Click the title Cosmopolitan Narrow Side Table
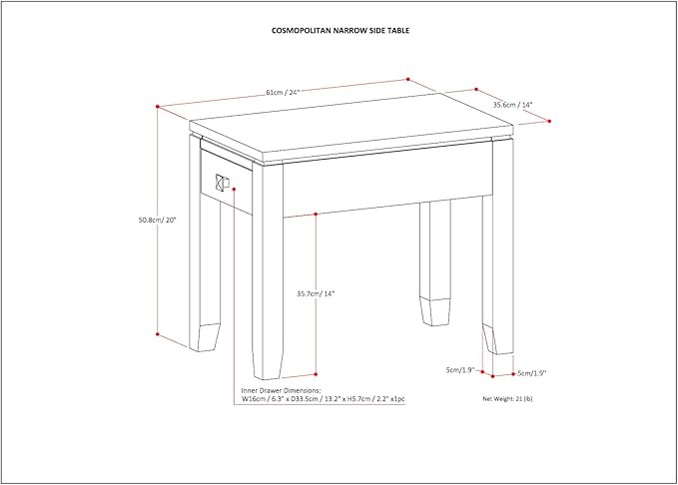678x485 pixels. pos(339,31)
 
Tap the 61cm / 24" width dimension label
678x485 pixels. pos(283,93)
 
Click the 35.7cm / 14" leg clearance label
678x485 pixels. pos(316,293)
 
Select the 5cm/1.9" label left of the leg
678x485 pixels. pos(460,370)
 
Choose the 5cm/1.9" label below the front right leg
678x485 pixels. pos(531,373)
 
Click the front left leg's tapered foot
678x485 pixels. pos(207,337)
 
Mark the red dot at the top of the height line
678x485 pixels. pos(158,106)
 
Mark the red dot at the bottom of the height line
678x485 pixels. pos(158,334)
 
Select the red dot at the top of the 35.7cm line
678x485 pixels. pos(316,214)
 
